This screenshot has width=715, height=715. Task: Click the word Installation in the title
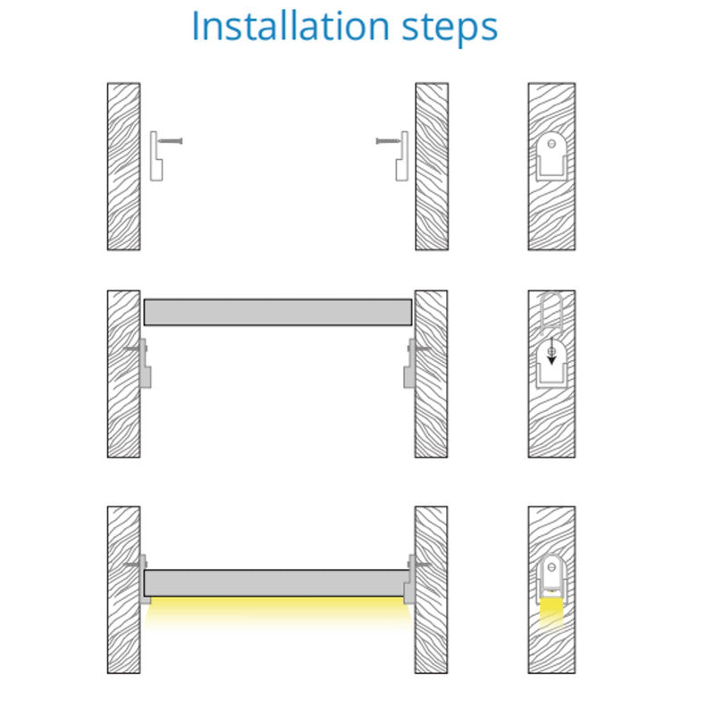click(x=290, y=27)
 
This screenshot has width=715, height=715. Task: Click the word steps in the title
click(x=450, y=29)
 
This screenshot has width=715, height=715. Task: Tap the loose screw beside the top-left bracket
click(x=170, y=141)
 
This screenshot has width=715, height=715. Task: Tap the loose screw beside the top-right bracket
click(x=388, y=141)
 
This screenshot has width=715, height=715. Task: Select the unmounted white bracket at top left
click(x=156, y=156)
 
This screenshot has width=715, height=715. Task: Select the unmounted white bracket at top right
click(x=402, y=156)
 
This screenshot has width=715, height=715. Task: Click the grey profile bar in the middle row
click(x=278, y=312)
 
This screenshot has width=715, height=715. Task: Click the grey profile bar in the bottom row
click(x=276, y=583)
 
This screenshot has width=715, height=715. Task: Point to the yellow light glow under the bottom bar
click(x=277, y=611)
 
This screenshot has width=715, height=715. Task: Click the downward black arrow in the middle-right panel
click(x=551, y=351)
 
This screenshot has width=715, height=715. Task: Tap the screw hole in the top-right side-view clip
click(x=551, y=144)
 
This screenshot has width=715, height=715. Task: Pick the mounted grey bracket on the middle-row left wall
click(x=145, y=364)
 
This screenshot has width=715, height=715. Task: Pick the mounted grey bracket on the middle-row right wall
click(x=410, y=364)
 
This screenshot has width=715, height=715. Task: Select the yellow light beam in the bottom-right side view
click(x=551, y=613)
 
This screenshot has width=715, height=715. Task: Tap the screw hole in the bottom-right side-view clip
click(x=551, y=568)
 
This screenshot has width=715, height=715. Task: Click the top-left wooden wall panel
click(x=123, y=166)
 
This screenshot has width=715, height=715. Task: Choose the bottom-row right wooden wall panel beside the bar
click(x=431, y=590)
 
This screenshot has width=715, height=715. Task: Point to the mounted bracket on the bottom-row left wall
click(x=143, y=579)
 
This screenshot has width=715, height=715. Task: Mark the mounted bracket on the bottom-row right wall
click(x=411, y=579)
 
